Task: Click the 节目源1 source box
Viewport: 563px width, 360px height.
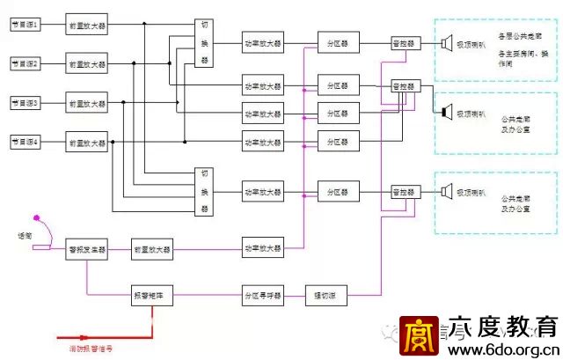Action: tap(26, 24)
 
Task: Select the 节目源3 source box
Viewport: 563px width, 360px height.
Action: tap(26, 103)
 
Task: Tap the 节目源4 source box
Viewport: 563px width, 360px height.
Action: tap(26, 142)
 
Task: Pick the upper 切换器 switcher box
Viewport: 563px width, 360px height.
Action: tap(205, 42)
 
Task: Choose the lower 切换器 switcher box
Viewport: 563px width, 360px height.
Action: tap(205, 191)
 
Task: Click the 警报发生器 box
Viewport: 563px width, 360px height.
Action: tap(87, 250)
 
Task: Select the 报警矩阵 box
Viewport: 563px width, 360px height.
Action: tap(152, 296)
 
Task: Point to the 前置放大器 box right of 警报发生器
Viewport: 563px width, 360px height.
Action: tap(152, 250)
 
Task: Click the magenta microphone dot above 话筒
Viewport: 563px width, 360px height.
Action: tap(35, 217)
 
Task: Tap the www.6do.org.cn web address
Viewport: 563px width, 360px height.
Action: tap(502, 349)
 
